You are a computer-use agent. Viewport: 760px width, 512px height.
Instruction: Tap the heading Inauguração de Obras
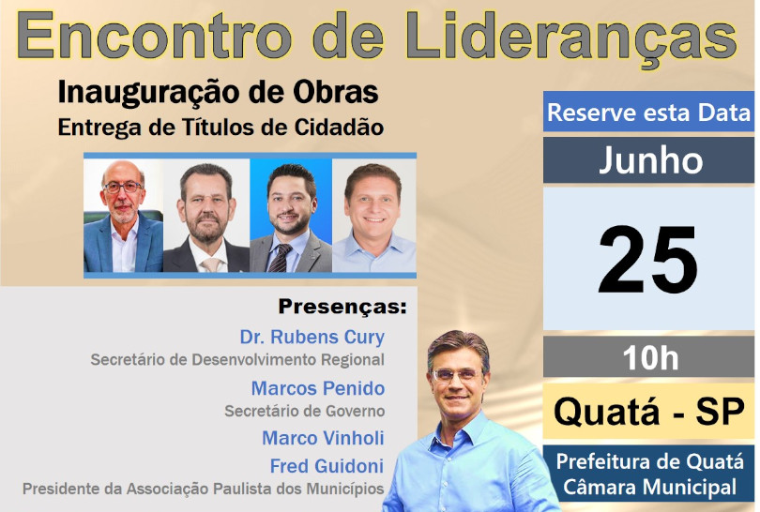tap(218, 93)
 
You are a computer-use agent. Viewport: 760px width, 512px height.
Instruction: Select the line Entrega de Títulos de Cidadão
tap(220, 128)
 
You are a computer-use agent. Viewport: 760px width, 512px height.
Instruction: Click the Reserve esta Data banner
tap(648, 112)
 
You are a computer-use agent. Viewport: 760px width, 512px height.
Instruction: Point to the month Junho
tap(651, 159)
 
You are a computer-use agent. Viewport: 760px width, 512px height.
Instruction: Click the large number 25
tap(647, 260)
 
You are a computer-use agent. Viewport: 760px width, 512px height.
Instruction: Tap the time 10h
tap(650, 358)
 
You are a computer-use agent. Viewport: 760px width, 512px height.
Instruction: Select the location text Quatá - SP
tap(648, 412)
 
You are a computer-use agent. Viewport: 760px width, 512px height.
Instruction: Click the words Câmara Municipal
tap(649, 487)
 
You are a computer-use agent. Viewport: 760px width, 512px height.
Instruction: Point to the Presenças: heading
tap(342, 306)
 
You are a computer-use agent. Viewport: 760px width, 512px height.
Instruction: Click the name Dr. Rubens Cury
tap(312, 338)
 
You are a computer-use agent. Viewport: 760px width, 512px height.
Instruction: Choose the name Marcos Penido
tap(318, 388)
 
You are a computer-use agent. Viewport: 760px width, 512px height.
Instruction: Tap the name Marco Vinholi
tap(323, 438)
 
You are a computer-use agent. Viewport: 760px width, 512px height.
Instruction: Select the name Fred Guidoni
tap(327, 466)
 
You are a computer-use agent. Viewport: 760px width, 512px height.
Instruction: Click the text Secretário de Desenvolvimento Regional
tap(237, 360)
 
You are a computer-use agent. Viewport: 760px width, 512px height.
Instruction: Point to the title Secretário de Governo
tap(304, 411)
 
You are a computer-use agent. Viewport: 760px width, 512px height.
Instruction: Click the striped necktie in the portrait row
tap(281, 258)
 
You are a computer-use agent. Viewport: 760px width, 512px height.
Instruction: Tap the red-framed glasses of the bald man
tap(123, 187)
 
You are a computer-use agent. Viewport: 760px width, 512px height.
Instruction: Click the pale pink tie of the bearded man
tap(211, 265)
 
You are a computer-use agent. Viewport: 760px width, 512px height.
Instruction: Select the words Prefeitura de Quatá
tap(649, 461)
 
